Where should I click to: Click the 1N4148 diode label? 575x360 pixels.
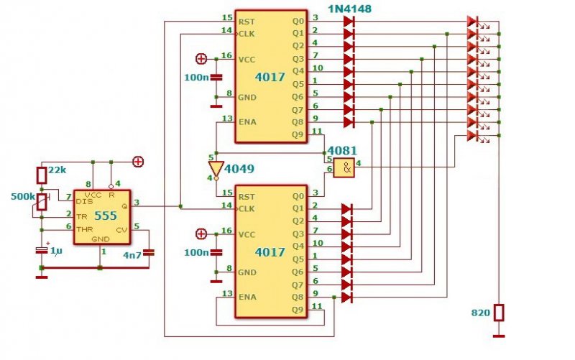click(x=349, y=9)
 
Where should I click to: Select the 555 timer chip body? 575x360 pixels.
click(x=102, y=217)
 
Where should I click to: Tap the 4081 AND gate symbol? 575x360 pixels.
click(x=344, y=168)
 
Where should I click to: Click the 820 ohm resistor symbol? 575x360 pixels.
click(x=499, y=313)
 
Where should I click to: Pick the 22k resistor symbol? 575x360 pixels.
click(x=42, y=175)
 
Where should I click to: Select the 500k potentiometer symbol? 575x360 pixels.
click(x=42, y=202)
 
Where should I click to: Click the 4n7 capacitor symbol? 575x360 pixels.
click(x=149, y=253)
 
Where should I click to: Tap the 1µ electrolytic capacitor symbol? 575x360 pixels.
click(x=42, y=250)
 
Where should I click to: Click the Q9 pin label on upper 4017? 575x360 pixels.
click(x=298, y=134)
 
